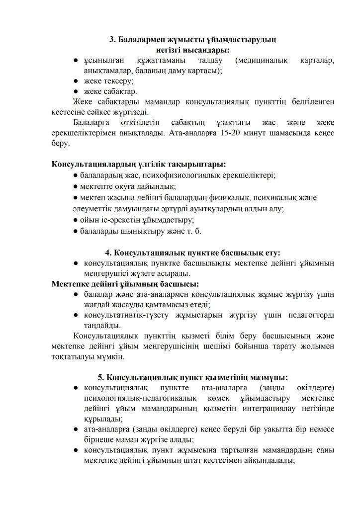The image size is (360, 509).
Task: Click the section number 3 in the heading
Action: [112, 40]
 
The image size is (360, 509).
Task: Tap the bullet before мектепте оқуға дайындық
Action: [75, 186]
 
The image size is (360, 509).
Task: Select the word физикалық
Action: [222, 197]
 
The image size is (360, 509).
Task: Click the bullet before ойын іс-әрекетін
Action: [75, 220]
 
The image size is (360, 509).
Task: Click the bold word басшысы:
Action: [180, 284]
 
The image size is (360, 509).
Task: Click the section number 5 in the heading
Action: [101, 377]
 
